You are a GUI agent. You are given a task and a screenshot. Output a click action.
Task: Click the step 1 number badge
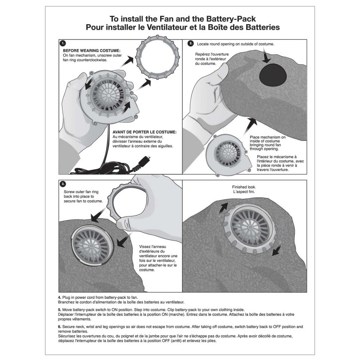[63, 43]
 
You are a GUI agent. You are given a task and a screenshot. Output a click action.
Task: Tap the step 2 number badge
[191, 43]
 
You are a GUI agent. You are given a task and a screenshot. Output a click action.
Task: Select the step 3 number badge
[63, 184]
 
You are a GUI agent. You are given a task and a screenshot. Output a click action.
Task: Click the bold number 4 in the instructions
[59, 298]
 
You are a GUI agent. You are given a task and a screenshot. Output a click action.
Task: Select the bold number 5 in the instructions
[59, 310]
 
